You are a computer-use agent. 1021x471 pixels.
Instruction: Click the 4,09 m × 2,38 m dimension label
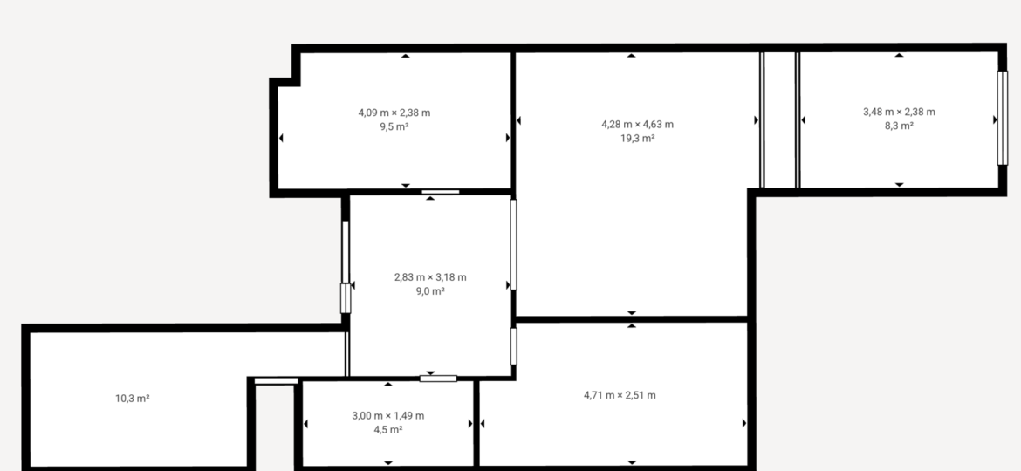(x=394, y=113)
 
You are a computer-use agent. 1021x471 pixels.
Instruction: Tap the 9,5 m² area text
(x=394, y=126)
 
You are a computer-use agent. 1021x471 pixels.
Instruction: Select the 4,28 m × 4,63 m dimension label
(x=638, y=124)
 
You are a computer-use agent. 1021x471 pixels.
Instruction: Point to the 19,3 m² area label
(x=638, y=138)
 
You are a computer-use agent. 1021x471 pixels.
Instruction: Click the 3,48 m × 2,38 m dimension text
(x=899, y=112)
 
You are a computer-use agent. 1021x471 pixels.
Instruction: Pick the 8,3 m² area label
(x=899, y=126)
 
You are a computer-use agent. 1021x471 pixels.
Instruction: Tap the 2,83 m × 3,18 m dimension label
(x=430, y=277)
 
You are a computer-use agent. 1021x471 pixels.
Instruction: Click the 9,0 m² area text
(x=430, y=290)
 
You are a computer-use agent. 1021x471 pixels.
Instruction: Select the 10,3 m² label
(x=133, y=398)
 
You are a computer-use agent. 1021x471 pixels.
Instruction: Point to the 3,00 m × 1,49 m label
(x=388, y=416)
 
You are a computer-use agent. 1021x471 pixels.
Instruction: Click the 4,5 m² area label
(x=388, y=429)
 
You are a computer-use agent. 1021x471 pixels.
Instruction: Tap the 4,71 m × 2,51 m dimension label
(x=620, y=395)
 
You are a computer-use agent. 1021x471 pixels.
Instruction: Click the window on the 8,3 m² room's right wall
(x=1002, y=118)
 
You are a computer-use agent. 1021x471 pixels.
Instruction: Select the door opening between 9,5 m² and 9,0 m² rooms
(x=440, y=192)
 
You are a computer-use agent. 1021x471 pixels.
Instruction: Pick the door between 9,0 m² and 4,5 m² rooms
(x=438, y=378)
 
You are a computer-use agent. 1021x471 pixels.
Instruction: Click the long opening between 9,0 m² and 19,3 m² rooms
(x=513, y=244)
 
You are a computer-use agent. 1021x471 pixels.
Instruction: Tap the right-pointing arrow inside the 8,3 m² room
(x=995, y=119)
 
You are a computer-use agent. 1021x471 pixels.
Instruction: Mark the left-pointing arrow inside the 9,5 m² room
(x=281, y=138)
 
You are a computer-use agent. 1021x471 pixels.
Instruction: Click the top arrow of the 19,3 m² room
(x=631, y=56)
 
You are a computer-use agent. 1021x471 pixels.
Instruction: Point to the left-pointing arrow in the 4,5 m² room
(x=305, y=424)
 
